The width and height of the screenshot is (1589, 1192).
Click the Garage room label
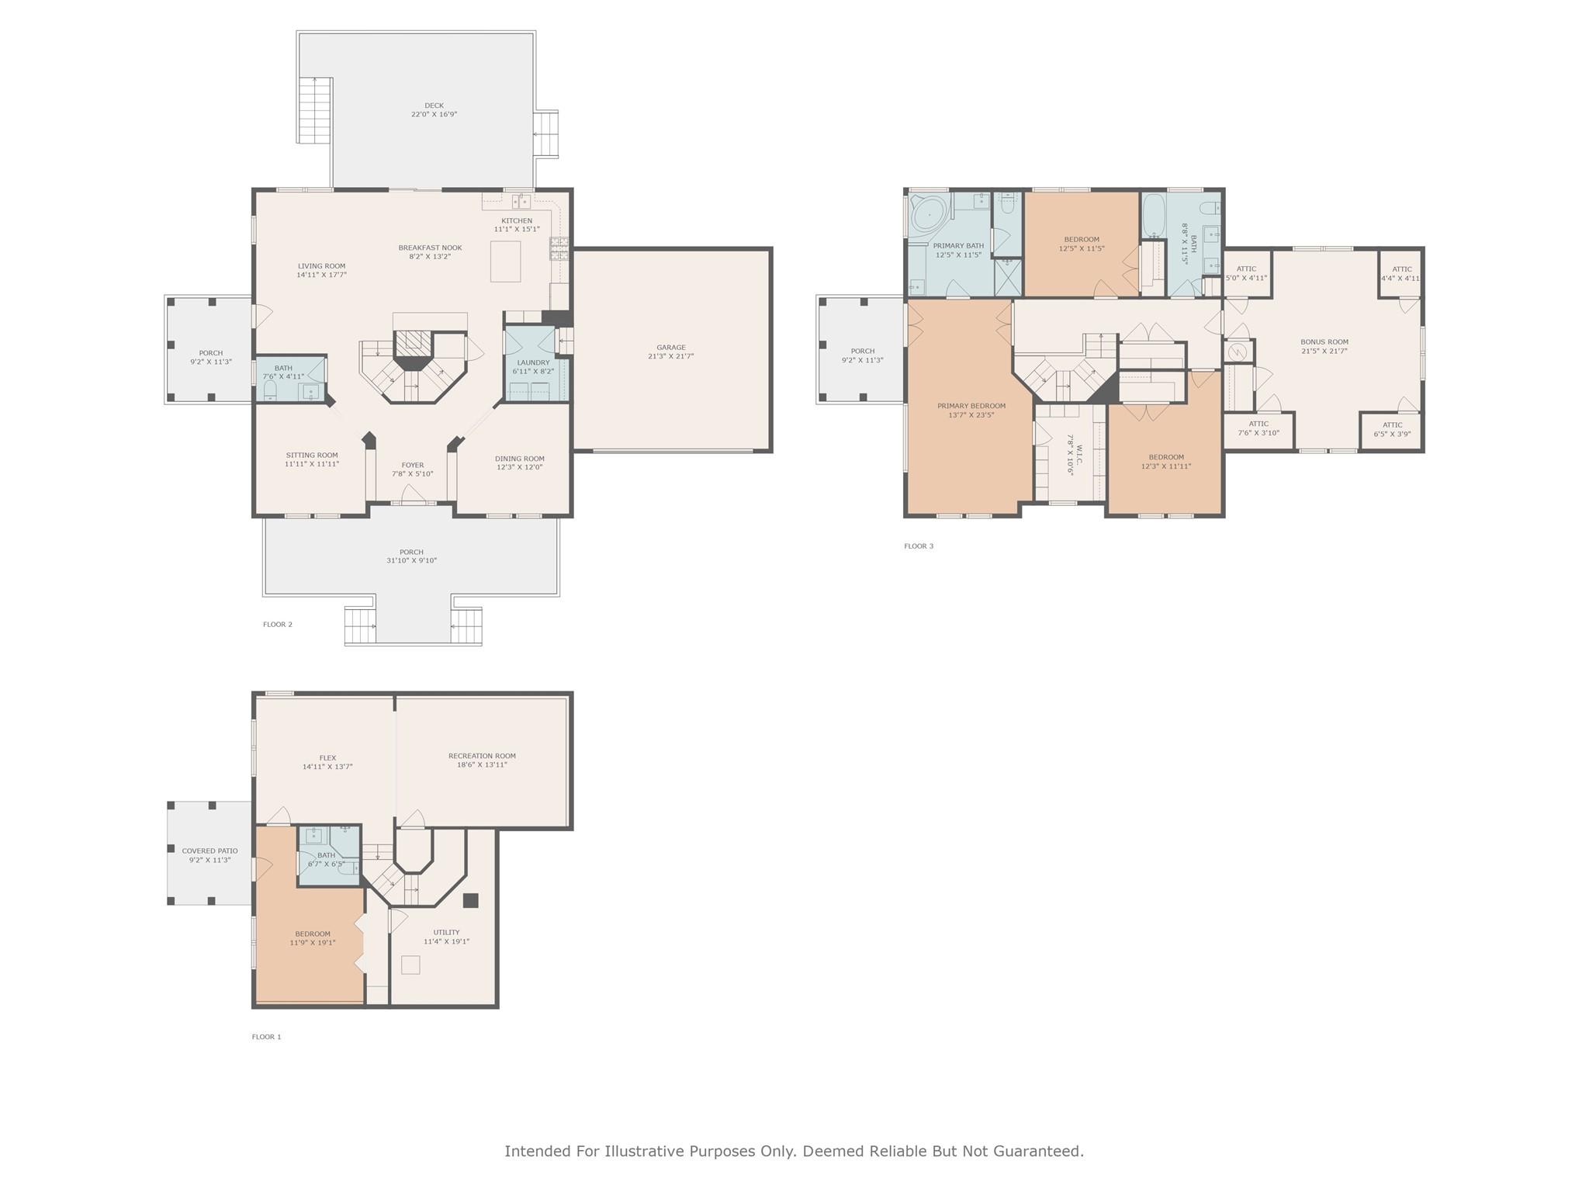coord(671,352)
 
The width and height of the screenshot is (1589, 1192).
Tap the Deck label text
coord(434,109)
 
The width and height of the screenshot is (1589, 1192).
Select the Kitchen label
coord(517,225)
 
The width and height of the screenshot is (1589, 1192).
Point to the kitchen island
coord(505,262)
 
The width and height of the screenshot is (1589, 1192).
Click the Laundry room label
coord(533,366)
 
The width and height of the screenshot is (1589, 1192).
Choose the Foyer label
coord(413,470)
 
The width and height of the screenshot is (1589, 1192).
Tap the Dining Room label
coord(520,463)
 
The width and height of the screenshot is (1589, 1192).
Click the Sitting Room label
coord(312,459)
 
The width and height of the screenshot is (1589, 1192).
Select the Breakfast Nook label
coord(431,252)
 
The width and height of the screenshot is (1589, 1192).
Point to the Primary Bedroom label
coord(971,411)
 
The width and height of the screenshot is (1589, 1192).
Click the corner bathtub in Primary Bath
coord(930,212)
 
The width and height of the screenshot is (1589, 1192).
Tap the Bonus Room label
coord(1324,346)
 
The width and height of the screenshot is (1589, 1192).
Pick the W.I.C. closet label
coord(1075,455)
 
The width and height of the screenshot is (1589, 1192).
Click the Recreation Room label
coord(482,760)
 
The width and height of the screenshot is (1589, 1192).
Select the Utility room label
coord(446,937)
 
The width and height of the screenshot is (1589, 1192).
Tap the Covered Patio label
coord(209,855)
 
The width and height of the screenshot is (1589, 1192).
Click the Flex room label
coord(327,762)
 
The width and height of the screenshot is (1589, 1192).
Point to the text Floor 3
coord(919,546)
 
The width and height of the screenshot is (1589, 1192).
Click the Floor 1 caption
coord(266,1037)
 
